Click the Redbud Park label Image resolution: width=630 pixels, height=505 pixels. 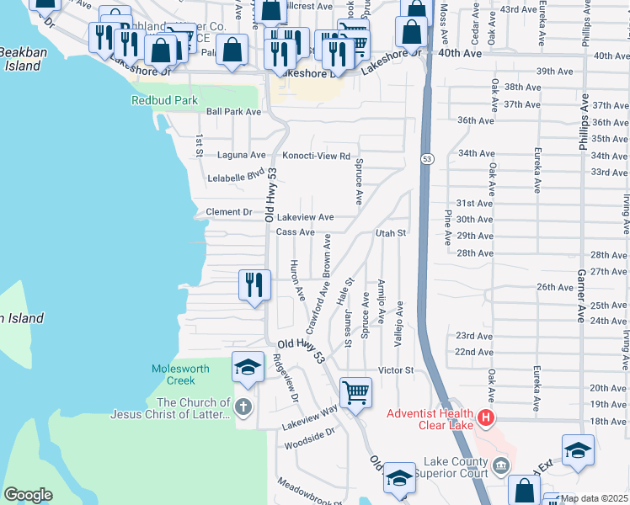coord(164,100)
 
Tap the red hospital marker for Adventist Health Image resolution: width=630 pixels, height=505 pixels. coord(485,417)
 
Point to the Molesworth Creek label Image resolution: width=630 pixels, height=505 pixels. coord(174,375)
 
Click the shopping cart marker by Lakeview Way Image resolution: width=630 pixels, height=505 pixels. coord(355,392)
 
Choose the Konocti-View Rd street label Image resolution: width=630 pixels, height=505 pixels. coord(316,156)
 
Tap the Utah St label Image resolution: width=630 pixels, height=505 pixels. coord(391,232)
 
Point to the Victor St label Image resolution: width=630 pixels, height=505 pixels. coord(396,369)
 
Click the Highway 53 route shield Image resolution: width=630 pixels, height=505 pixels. coord(427,158)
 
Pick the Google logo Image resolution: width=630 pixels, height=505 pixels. coord(28,494)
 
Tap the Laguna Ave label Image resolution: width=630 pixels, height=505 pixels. coord(241,156)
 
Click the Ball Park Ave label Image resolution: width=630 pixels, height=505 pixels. coord(234,111)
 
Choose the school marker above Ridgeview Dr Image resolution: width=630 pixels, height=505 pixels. coord(248,367)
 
